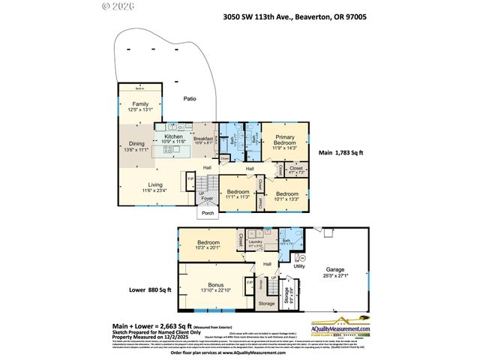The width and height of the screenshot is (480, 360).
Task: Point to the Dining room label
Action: (x=136, y=143)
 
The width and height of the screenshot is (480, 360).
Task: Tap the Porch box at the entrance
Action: (x=207, y=213)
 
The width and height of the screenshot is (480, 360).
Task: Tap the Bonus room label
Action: (x=214, y=286)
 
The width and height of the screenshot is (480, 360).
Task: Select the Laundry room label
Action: (x=256, y=241)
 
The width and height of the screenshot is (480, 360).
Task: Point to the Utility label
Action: (x=298, y=265)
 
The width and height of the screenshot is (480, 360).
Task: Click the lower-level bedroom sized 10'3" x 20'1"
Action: (x=208, y=244)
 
